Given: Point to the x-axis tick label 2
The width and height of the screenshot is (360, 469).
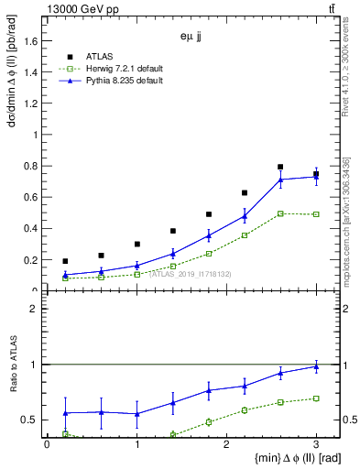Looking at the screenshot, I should [x=226, y=444].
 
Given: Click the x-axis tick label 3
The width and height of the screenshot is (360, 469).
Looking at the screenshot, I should [x=316, y=444].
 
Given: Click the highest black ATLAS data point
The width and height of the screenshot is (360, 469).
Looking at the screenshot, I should [x=280, y=167].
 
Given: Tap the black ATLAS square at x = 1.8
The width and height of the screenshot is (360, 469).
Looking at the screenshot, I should [x=209, y=214].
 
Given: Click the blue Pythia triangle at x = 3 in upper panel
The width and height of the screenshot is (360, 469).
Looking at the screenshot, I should [x=316, y=177].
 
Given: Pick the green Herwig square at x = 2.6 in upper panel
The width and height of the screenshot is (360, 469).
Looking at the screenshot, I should [x=280, y=213].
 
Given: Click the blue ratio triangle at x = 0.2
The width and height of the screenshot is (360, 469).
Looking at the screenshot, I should [x=65, y=413].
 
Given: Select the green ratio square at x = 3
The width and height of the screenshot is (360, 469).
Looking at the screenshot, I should [x=316, y=398].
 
